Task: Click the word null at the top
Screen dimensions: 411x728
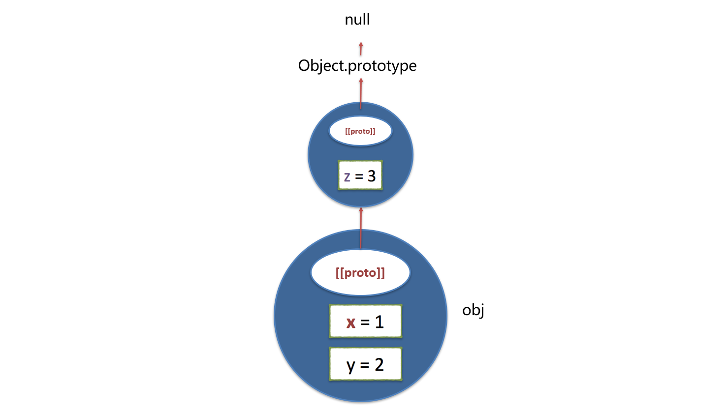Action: coord(357,20)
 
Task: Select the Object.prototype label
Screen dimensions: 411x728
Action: coord(357,65)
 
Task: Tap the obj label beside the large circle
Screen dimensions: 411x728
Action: coord(473,310)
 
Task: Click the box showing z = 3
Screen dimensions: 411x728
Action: coord(360,176)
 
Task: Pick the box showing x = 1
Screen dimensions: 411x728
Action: coord(365,322)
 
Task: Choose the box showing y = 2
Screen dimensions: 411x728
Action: coord(365,364)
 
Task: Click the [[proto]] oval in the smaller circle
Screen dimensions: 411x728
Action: coord(360,131)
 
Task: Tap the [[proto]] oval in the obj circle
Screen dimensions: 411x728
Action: coord(360,273)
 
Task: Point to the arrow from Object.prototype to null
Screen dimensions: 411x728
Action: coord(361,49)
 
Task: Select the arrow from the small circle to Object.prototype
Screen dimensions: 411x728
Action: coord(361,93)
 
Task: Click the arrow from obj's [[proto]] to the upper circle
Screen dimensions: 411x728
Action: coord(361,229)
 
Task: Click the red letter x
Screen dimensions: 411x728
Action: coord(350,323)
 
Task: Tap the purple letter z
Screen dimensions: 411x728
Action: coord(347,176)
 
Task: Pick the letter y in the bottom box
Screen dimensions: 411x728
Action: coord(350,366)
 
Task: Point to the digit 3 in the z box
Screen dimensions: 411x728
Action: coord(372,176)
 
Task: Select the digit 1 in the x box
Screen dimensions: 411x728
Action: coord(379,322)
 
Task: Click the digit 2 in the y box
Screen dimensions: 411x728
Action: coord(379,364)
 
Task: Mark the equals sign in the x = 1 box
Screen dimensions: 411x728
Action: coord(365,323)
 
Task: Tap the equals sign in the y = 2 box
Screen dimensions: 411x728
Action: coord(365,365)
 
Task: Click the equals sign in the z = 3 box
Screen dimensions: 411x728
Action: coord(359,176)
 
